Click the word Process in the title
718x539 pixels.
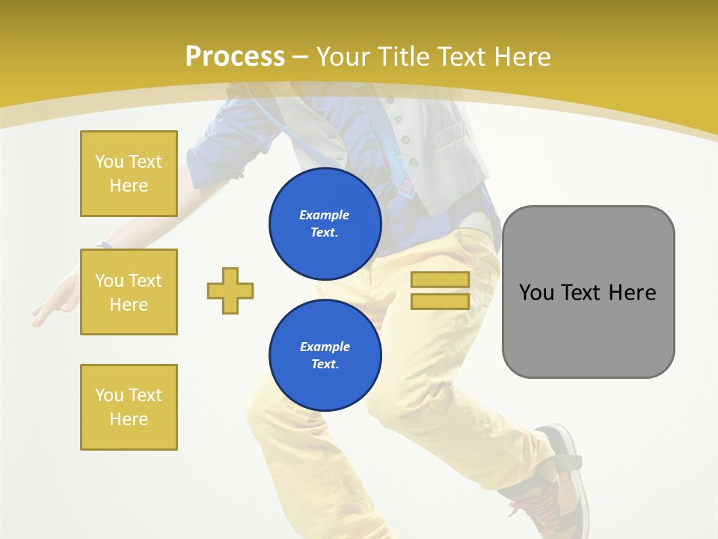click(x=235, y=57)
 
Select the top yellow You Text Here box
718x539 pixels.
click(x=129, y=174)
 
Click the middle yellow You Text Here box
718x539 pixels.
click(x=129, y=292)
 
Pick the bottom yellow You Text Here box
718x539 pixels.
click(x=129, y=407)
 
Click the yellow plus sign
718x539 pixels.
click(x=230, y=290)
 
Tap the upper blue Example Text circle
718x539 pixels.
click(x=325, y=224)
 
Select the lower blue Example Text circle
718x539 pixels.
click(x=325, y=356)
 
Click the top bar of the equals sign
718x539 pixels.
click(x=440, y=280)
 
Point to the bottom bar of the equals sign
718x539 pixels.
click(x=440, y=302)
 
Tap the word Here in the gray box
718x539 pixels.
click(x=632, y=293)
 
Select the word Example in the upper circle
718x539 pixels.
click(x=325, y=215)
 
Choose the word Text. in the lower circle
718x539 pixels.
click(x=325, y=365)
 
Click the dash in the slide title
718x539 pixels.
click(x=301, y=57)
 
